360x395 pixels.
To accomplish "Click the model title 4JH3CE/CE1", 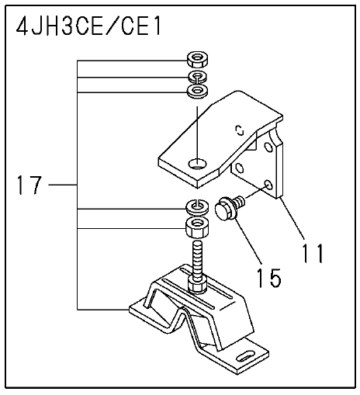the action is (x=88, y=26).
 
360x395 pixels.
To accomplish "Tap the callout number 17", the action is (x=29, y=185).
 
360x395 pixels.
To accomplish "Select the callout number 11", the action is (x=313, y=253).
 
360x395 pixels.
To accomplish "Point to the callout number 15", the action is (x=269, y=278).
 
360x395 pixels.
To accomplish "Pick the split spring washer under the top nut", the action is (x=198, y=77).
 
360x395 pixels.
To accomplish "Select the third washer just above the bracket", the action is (x=198, y=92).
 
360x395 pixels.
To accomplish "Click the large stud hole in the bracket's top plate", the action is (x=198, y=164).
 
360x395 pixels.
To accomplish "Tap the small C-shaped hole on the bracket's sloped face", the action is (x=241, y=130).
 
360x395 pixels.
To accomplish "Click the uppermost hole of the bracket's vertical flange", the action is (x=268, y=147).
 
